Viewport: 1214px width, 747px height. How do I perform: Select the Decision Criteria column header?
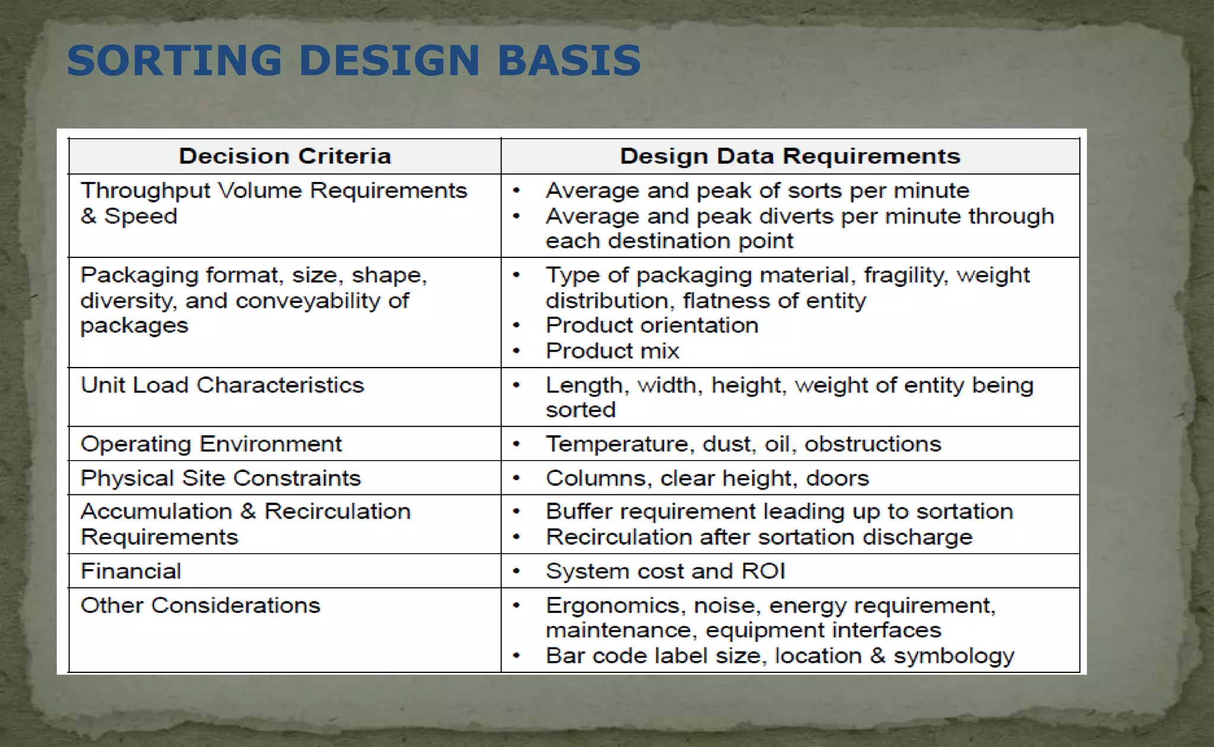tap(285, 156)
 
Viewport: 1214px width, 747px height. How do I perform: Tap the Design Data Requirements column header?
tap(790, 156)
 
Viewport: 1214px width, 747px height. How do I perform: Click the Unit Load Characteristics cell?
tap(222, 385)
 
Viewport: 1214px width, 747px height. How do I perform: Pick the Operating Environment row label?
tap(211, 444)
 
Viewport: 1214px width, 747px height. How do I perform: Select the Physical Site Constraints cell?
tap(221, 478)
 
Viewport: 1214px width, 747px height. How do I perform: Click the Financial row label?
tap(130, 571)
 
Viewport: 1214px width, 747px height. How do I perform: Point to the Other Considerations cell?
tap(200, 605)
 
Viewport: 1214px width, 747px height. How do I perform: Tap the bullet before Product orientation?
tap(516, 325)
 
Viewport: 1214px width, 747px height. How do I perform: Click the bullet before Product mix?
tap(516, 351)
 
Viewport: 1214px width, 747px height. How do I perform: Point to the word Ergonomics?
tap(612, 605)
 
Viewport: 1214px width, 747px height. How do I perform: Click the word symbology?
tap(954, 656)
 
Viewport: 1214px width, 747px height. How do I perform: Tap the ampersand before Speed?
tap(88, 216)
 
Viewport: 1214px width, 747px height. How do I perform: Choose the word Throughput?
tap(145, 191)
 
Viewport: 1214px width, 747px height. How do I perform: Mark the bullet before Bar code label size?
tap(516, 656)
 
